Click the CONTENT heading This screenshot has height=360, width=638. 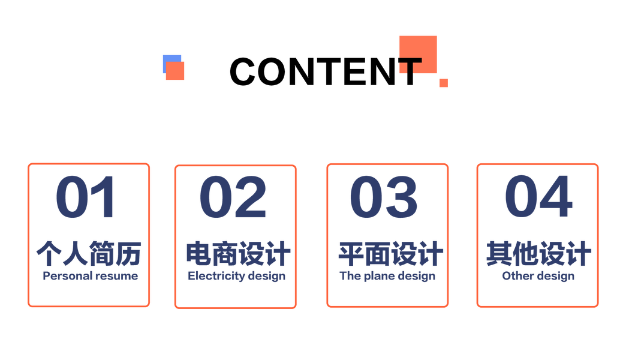(326, 71)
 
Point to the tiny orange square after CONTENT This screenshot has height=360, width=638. (444, 83)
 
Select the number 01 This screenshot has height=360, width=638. (85, 197)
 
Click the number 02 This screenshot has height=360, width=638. (233, 197)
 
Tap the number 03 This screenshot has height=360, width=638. (384, 197)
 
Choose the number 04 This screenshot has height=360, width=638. (538, 196)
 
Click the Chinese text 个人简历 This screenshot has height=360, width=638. (89, 253)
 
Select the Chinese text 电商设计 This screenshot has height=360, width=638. (238, 254)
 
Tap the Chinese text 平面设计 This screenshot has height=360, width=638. (390, 254)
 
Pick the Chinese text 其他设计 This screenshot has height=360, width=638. (538, 253)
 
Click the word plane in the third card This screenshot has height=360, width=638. (379, 276)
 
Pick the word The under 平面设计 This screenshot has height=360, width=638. (350, 276)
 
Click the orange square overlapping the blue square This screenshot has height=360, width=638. (175, 71)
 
